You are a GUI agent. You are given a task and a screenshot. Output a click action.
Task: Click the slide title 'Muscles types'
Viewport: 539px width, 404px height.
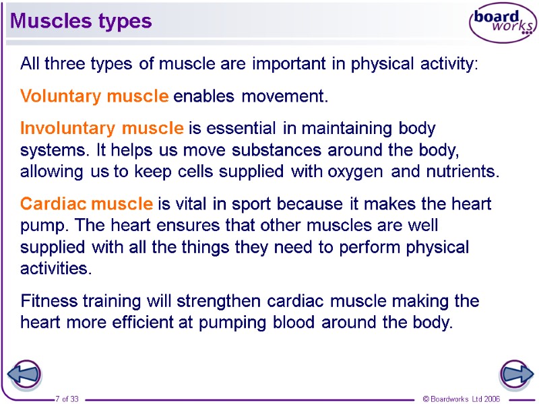[81, 21]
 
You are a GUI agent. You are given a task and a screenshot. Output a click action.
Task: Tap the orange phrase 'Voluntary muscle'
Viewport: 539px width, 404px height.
[94, 96]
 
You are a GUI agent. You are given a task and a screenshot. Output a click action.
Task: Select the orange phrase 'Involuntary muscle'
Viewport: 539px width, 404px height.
[102, 127]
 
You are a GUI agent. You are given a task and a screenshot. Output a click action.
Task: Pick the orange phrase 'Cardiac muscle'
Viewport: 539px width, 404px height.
[87, 203]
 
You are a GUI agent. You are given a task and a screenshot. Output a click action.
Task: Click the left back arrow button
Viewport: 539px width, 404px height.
[24, 375]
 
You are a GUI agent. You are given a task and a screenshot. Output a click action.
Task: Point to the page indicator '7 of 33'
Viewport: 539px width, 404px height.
[67, 399]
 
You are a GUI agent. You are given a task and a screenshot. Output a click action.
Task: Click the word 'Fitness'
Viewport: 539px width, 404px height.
[47, 300]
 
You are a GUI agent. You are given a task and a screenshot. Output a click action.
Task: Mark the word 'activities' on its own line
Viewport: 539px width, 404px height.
[54, 269]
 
